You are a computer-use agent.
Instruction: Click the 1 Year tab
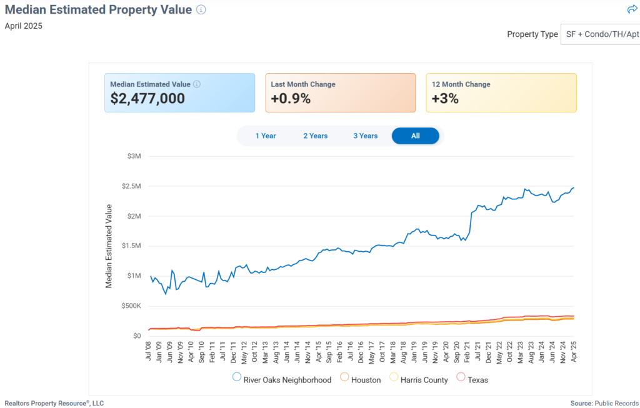point(265,136)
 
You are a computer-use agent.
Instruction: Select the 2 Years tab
point(316,136)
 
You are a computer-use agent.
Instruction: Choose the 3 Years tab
point(365,136)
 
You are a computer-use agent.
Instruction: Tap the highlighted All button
point(416,136)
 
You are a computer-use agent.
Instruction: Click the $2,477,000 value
point(147,98)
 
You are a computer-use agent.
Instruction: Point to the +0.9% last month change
point(291,98)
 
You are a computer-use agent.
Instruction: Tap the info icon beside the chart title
point(201,10)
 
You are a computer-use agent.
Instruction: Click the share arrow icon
point(632,9)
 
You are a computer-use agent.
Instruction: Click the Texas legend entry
point(477,379)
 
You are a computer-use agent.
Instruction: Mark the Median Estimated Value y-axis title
point(109,246)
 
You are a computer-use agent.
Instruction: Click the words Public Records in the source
point(617,404)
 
